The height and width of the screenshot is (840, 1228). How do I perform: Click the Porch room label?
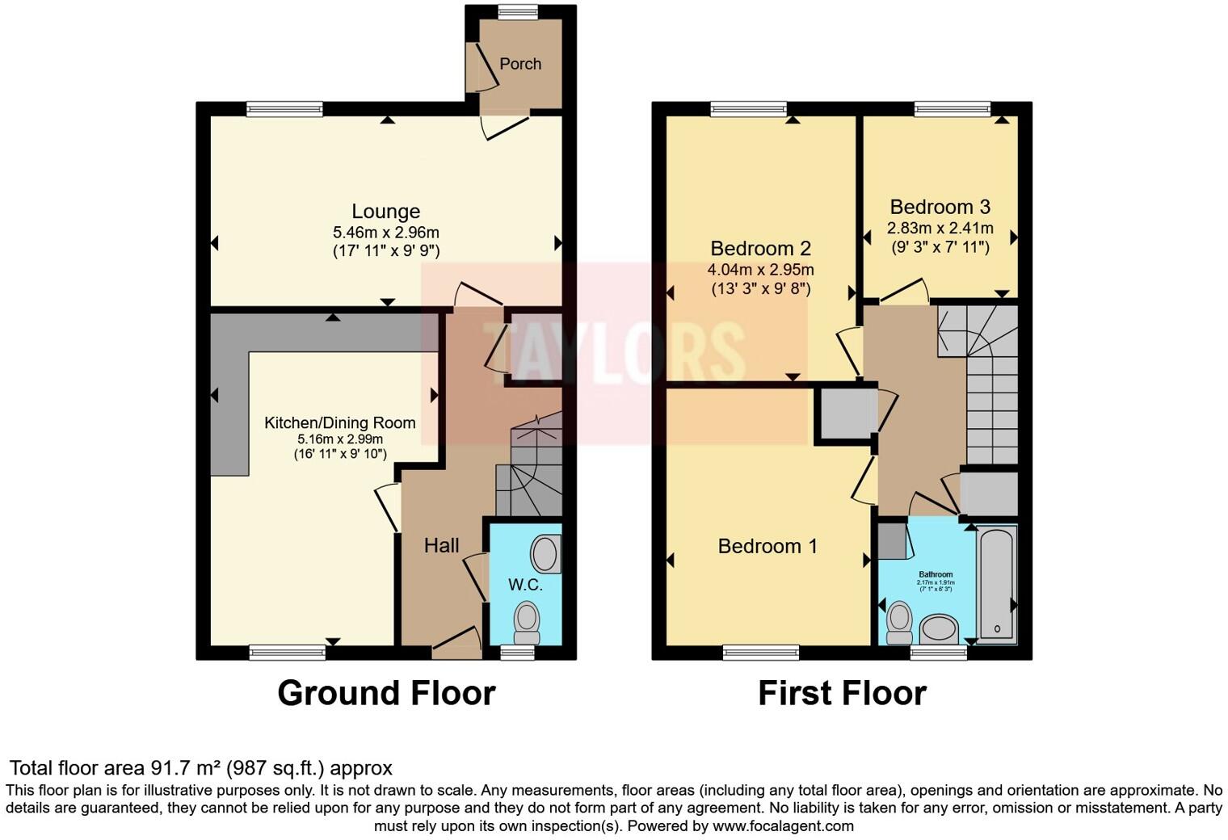(x=519, y=64)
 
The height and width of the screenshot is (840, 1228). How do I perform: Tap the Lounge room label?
(x=385, y=212)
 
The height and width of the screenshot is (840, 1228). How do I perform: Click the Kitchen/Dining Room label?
(x=340, y=422)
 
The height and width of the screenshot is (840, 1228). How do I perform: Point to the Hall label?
(x=441, y=546)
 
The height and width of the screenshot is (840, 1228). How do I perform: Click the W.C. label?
(x=525, y=585)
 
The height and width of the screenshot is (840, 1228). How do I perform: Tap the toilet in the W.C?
(x=527, y=622)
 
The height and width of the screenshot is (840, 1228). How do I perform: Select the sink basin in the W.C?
(x=545, y=555)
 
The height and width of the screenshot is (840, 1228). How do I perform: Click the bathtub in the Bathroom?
(x=996, y=583)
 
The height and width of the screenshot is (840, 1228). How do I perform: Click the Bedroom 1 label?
(x=767, y=547)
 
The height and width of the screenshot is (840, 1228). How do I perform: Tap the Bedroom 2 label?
(x=760, y=249)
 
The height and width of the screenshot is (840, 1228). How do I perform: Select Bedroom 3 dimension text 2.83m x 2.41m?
(x=940, y=228)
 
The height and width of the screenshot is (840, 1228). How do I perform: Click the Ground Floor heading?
(x=386, y=694)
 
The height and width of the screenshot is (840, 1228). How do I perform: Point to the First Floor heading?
(x=842, y=694)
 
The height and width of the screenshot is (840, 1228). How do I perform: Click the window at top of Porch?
(x=518, y=11)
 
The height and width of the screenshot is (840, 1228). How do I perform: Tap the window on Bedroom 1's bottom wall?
(x=761, y=653)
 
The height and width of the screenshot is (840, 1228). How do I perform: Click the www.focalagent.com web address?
(x=782, y=826)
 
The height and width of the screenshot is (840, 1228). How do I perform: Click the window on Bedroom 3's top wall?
(x=953, y=109)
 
